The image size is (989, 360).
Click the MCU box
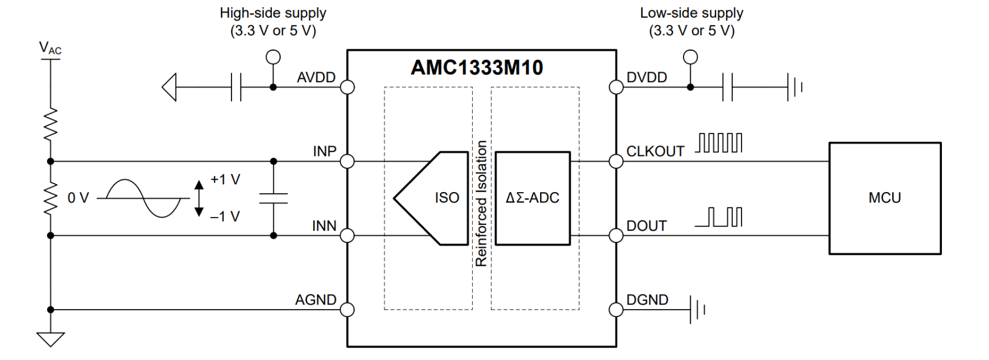(884, 198)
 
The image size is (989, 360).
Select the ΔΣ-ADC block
(532, 198)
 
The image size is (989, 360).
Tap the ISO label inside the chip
(447, 198)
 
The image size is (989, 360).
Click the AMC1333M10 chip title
(476, 67)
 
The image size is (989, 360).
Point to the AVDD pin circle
(347, 87)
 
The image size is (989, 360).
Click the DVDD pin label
(646, 78)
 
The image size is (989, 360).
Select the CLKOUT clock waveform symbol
(718, 143)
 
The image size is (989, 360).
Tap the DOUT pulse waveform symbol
(718, 217)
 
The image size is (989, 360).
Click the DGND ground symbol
(697, 310)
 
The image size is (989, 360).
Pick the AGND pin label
(315, 300)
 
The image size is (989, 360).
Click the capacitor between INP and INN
(273, 198)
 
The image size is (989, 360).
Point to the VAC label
(50, 49)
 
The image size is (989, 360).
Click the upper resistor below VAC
(50, 124)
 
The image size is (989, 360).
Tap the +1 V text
(225, 180)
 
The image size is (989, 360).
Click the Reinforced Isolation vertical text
(482, 203)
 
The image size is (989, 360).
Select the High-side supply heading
(273, 13)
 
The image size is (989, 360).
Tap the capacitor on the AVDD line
(236, 87)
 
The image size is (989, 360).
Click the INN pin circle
(347, 236)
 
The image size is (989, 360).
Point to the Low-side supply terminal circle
(690, 57)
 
